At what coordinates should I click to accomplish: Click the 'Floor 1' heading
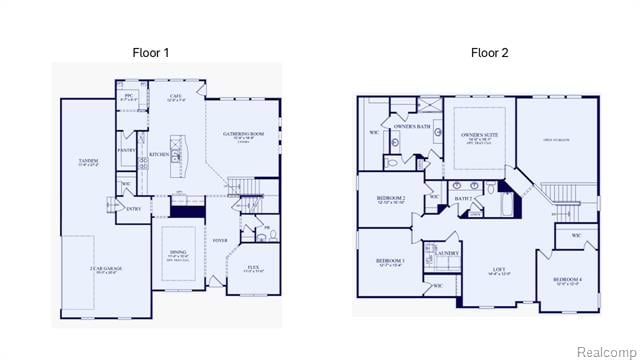151,52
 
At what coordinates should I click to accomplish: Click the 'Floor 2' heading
489,52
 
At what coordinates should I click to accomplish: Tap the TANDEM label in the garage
88,160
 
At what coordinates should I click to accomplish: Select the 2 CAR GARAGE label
104,269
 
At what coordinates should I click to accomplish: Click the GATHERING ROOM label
243,133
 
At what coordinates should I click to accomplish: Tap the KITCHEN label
159,155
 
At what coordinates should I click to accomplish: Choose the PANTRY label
126,150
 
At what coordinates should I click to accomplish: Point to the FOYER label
220,241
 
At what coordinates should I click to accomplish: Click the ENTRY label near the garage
134,208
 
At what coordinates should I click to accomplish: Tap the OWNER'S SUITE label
478,134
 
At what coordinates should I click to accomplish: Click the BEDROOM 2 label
390,198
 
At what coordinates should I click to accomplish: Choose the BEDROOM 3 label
390,261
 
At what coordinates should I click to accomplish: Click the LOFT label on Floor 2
498,269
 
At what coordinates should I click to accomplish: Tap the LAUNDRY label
440,253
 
